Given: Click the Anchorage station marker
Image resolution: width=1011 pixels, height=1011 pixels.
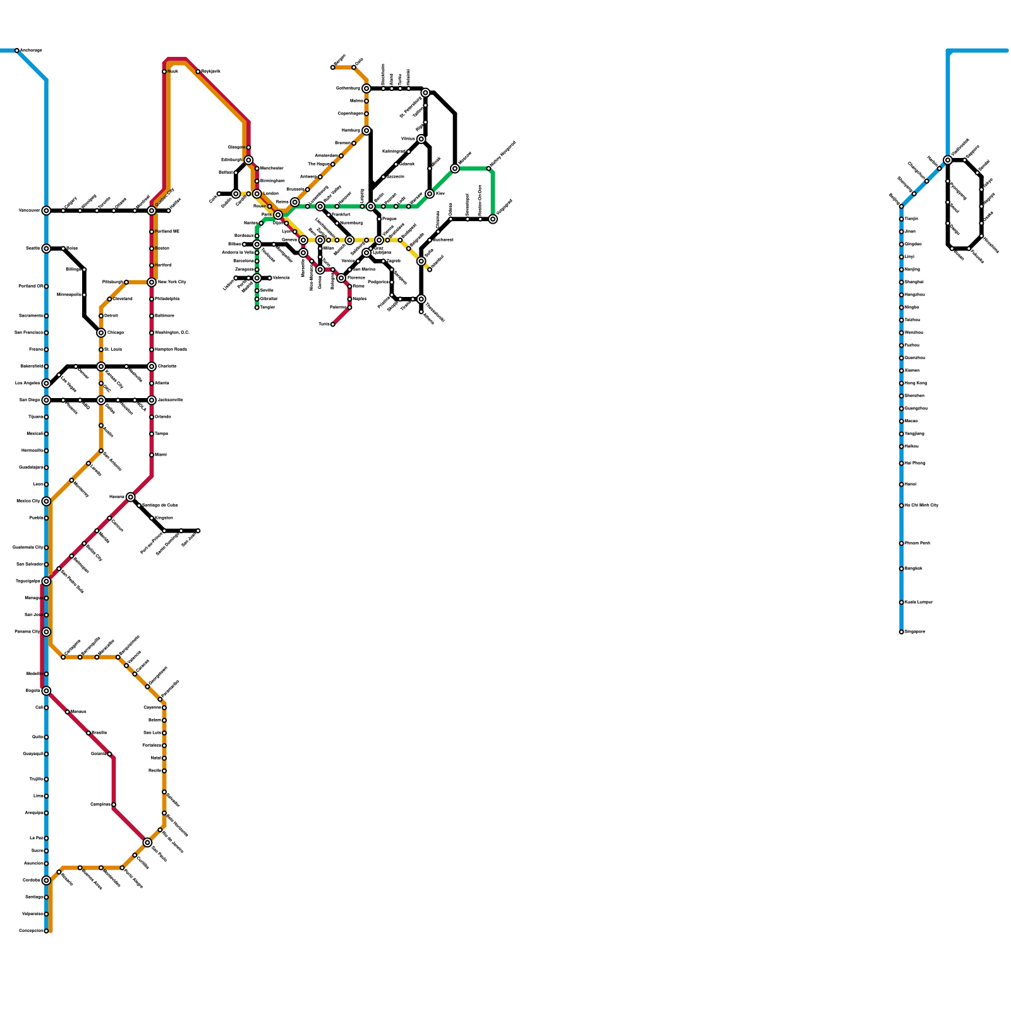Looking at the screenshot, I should tap(17, 51).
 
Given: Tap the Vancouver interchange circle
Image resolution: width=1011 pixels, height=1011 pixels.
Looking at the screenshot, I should tap(46, 210).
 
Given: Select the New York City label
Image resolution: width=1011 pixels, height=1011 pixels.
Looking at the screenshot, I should tap(172, 282).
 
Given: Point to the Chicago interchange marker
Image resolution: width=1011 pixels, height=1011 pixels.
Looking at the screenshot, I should tap(101, 332).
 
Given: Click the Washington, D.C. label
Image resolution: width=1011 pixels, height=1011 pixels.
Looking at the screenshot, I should tap(172, 332).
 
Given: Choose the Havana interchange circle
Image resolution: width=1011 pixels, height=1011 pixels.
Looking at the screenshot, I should tap(130, 497).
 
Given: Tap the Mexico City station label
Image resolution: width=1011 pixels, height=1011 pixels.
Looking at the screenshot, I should tap(28, 501).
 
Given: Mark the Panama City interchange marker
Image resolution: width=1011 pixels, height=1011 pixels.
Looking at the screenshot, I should tap(46, 632).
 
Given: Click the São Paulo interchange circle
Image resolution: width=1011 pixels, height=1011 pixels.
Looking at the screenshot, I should tap(147, 842).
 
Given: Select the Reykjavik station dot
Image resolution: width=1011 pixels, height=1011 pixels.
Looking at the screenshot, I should tap(198, 71).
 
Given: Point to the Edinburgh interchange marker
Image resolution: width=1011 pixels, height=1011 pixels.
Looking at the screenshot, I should tap(248, 160).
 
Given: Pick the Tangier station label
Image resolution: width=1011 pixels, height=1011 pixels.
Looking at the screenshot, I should tap(267, 308).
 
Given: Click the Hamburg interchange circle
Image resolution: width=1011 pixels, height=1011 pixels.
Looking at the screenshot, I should tap(366, 130).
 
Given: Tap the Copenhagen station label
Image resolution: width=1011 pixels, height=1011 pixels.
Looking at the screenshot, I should tap(350, 114).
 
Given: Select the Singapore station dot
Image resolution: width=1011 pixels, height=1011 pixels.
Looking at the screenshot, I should tap(901, 632).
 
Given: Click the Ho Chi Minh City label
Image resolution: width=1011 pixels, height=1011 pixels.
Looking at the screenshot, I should tap(921, 505).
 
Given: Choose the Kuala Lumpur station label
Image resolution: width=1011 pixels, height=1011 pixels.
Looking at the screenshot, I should tap(919, 602).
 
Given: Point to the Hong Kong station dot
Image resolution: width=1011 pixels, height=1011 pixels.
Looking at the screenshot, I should tap(901, 383).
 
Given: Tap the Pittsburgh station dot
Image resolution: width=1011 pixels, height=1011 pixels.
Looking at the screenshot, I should tap(126, 282).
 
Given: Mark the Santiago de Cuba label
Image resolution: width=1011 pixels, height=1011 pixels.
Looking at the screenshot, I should tap(160, 505).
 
